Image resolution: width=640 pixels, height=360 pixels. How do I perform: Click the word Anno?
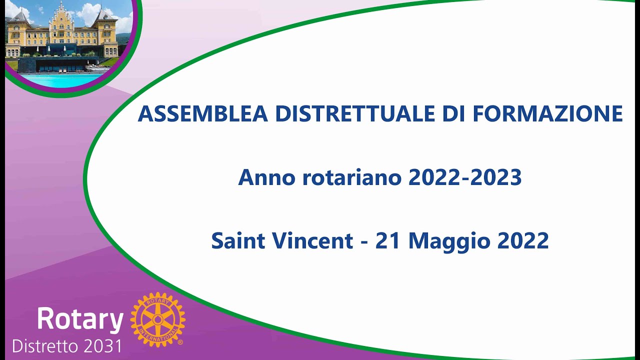pos(266,177)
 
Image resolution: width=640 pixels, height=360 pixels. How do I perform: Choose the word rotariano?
pos(352,177)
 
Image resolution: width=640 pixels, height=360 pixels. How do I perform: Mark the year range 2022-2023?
pos(465,177)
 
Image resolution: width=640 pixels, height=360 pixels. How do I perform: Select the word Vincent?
pos(313,241)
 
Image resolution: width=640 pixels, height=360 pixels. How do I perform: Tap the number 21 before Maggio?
pos(389,241)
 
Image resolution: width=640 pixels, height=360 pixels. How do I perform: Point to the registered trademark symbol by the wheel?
pos(180,342)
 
